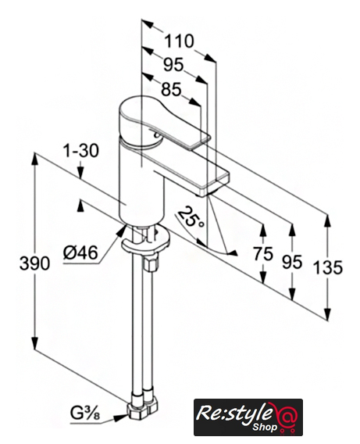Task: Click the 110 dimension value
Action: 180,41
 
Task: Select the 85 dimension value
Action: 171,90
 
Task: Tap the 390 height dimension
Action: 34,263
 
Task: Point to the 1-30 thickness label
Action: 80,150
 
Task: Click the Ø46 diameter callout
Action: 80,252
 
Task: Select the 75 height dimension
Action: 263,254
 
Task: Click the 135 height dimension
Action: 328,267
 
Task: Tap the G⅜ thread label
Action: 85,414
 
